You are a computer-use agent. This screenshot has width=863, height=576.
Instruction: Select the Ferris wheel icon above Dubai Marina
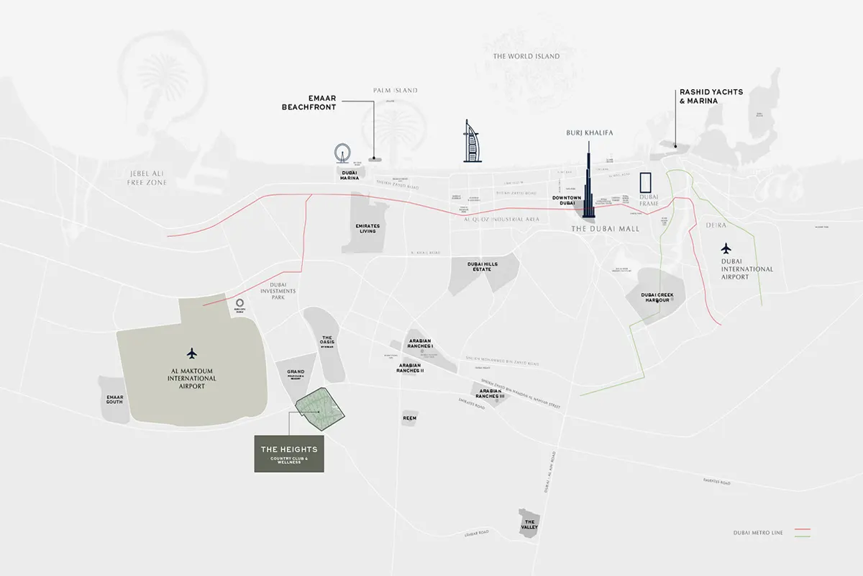click(342, 153)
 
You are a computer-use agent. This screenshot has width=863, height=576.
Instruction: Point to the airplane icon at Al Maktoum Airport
click(191, 354)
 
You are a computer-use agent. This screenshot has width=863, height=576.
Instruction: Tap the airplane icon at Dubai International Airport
click(727, 248)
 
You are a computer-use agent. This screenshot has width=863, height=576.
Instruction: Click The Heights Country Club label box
click(289, 453)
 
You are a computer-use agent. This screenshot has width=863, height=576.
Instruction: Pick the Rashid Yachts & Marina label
click(711, 96)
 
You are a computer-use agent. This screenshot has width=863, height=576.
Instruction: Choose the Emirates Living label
click(367, 229)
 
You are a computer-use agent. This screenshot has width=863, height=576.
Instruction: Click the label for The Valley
click(529, 524)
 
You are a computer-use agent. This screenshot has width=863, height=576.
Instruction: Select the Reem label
click(410, 418)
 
